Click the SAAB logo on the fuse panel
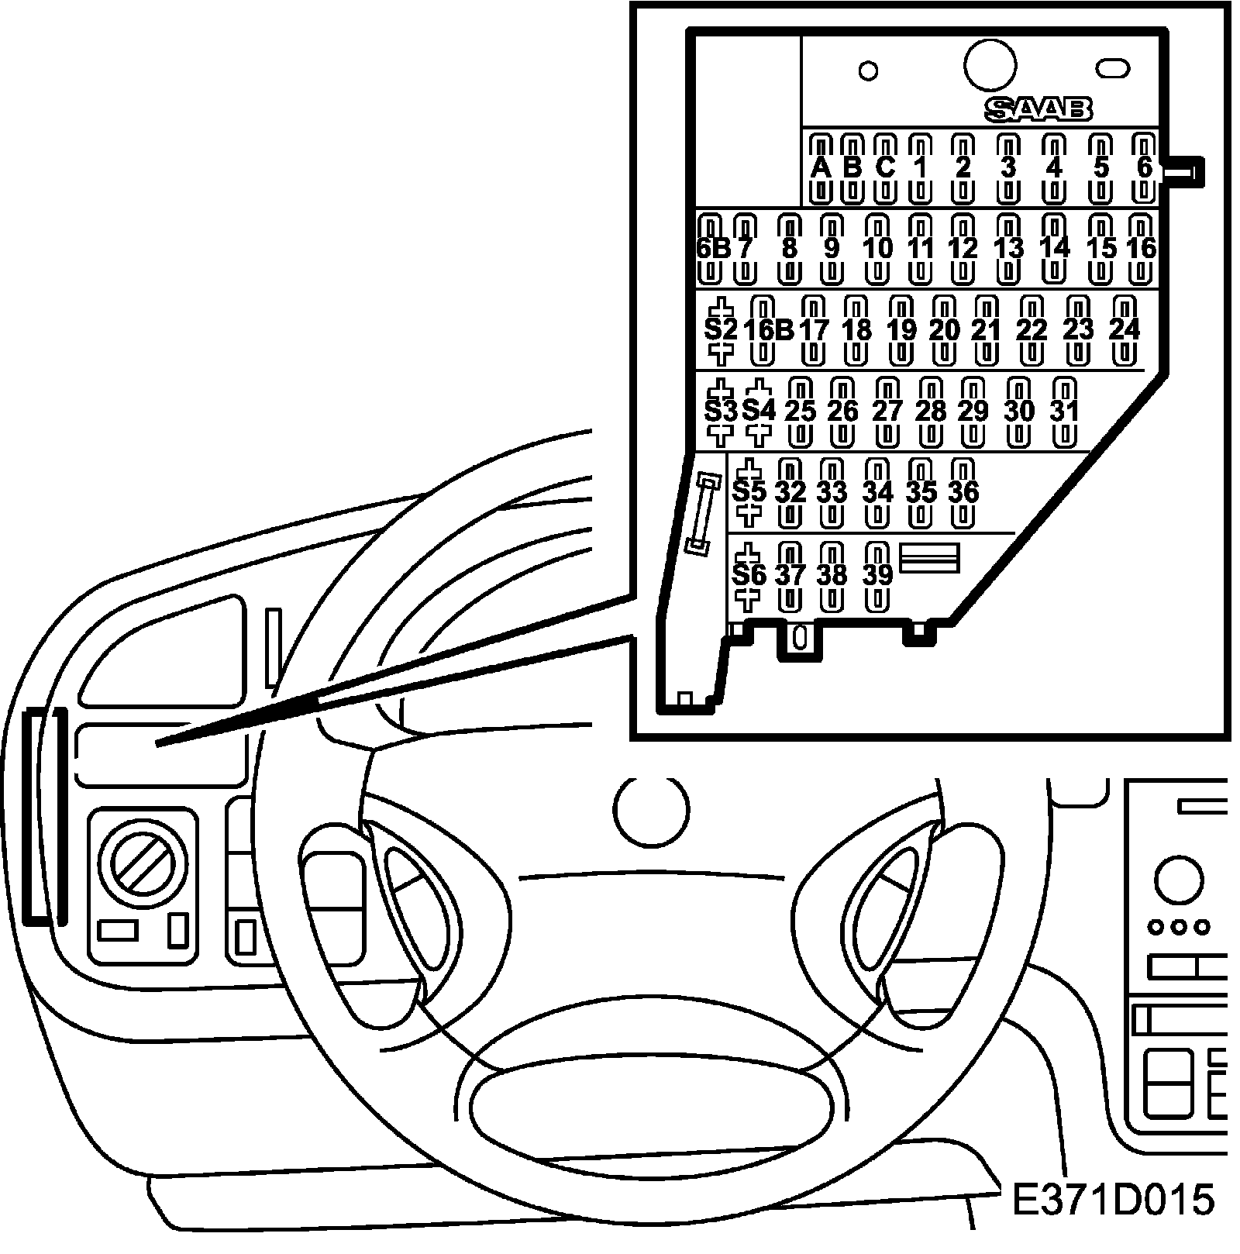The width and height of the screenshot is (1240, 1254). pos(1038,109)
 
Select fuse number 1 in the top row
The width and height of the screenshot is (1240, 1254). pos(920,167)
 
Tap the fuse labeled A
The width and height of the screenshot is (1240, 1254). pos(820,167)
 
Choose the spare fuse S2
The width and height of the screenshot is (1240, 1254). pos(721,330)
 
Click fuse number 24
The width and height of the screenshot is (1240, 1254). pos(1125,330)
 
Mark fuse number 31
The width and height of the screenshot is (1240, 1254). pos(1066,412)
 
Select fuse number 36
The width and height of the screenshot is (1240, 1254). pos(963,492)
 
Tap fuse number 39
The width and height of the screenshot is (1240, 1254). pos(877,575)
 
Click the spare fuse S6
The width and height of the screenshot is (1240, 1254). pos(749,575)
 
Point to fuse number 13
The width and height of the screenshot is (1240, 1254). pos(1008,249)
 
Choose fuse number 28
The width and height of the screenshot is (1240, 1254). pos(930,412)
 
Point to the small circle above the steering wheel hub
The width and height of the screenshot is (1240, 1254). pos(651,809)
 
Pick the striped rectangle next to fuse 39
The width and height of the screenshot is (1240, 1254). pos(929,557)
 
